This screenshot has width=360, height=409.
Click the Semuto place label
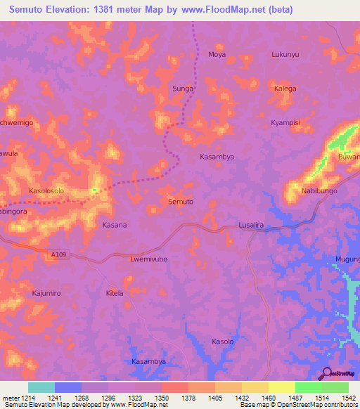[x=181, y=202]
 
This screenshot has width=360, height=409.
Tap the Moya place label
[x=217, y=54]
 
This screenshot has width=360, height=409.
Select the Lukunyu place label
[x=285, y=54]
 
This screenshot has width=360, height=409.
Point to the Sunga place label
[x=183, y=89]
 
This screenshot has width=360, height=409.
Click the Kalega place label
[x=285, y=89]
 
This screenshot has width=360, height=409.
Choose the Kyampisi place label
[x=285, y=123]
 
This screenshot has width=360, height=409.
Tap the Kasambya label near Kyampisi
[x=217, y=157]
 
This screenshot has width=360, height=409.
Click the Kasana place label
[x=115, y=225]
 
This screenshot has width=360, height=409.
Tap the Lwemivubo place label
[x=148, y=259]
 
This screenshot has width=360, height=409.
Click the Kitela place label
[x=114, y=292]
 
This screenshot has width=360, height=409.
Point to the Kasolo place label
[x=222, y=342]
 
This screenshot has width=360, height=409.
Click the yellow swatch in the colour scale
[x=282, y=387]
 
